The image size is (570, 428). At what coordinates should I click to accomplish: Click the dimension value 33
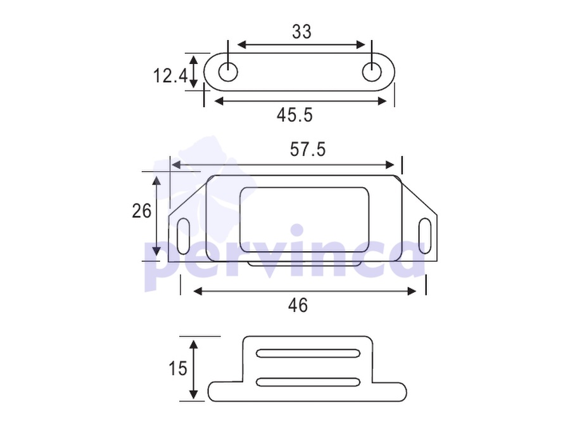point(301,32)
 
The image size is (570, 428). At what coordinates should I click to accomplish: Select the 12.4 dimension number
point(170,76)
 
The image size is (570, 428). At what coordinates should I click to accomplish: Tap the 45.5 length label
point(294,115)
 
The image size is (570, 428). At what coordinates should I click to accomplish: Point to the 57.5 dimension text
point(308,150)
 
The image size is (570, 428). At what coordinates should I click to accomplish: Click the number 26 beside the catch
point(141,211)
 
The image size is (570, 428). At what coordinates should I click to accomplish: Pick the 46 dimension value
point(298,306)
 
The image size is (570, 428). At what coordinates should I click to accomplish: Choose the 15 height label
point(178,368)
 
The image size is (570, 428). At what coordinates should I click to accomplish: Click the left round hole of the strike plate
point(228,72)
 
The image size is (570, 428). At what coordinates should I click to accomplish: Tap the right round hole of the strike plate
point(372,72)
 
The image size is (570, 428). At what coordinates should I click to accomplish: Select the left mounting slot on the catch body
point(184,237)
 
